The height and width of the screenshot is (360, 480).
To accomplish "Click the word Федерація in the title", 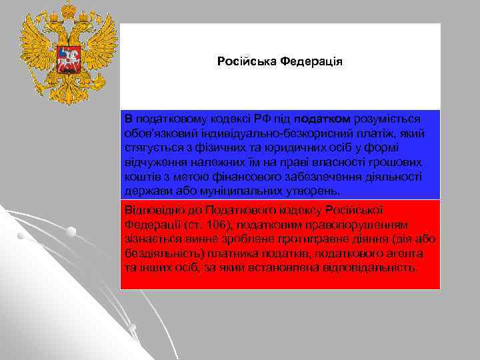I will (311, 62).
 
